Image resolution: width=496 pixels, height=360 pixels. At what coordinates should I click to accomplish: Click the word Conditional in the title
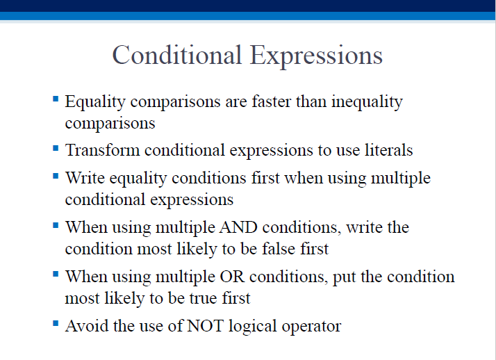click(x=177, y=55)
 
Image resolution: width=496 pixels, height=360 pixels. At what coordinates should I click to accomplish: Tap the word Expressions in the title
click(x=316, y=56)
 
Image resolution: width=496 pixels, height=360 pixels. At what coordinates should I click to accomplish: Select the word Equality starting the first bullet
click(x=95, y=102)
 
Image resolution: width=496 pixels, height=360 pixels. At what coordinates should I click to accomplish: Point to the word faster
click(x=272, y=101)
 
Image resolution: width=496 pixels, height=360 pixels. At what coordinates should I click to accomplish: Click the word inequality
click(x=367, y=102)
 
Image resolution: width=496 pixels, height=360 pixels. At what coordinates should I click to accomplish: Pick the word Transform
click(x=103, y=150)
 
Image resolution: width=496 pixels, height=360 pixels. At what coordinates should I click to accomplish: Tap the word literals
click(x=388, y=150)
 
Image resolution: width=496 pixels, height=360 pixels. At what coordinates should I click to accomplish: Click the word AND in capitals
click(x=238, y=227)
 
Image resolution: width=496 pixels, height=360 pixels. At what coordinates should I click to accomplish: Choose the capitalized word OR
click(x=232, y=277)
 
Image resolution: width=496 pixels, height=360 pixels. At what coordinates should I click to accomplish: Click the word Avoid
click(x=87, y=326)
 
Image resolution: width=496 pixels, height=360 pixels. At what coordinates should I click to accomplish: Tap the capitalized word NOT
click(x=205, y=326)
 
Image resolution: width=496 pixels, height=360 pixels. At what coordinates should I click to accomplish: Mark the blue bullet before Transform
click(x=56, y=148)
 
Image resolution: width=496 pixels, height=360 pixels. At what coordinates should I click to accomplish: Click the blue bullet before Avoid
click(x=56, y=323)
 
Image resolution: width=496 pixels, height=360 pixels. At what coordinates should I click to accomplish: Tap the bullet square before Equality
click(x=56, y=99)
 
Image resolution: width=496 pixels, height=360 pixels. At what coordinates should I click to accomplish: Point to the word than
click(x=311, y=101)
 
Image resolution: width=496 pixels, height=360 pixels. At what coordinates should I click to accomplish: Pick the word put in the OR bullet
click(x=344, y=278)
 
